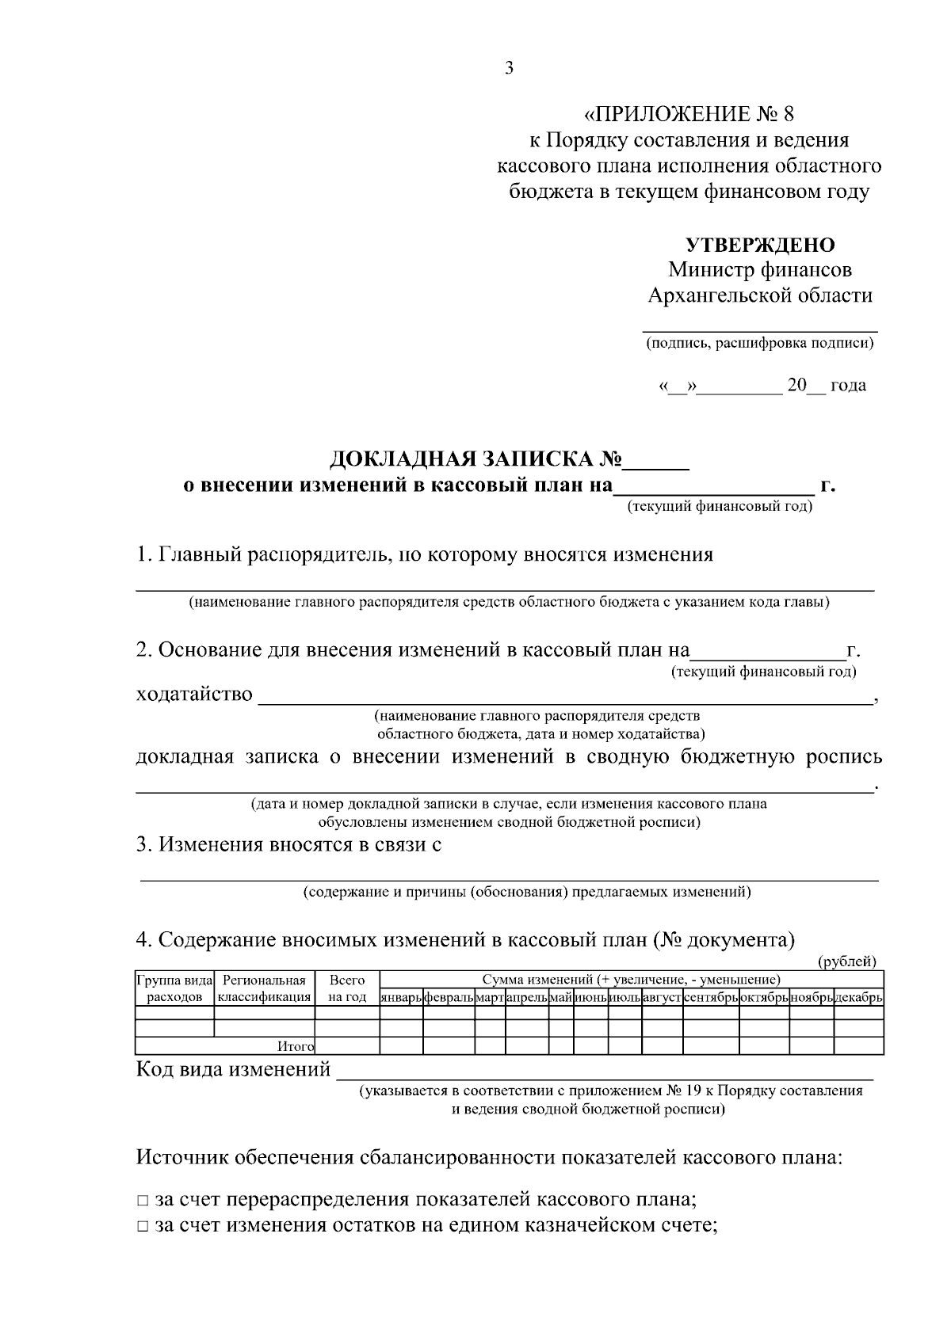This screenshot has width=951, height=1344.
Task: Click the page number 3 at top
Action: click(x=509, y=68)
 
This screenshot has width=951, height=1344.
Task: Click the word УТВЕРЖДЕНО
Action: click(x=759, y=245)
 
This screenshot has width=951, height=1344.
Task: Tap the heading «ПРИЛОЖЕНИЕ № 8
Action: click(x=689, y=114)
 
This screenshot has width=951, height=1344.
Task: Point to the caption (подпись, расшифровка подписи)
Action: click(x=759, y=344)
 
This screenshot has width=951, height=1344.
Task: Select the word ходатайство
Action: click(x=194, y=695)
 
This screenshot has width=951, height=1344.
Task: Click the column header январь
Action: click(x=401, y=998)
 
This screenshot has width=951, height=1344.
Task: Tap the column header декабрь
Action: click(x=858, y=998)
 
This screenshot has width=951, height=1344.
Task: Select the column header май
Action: click(x=561, y=998)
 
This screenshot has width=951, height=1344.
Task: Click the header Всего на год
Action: click(x=347, y=989)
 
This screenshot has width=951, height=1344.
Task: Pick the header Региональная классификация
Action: click(x=265, y=989)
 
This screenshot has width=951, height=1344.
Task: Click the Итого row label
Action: click(x=296, y=1047)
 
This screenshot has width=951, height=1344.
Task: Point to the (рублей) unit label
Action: click(x=846, y=961)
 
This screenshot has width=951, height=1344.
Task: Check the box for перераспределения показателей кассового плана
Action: click(x=142, y=1201)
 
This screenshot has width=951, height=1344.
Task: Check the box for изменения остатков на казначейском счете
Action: click(x=142, y=1228)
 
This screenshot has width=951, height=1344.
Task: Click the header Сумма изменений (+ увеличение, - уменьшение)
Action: click(x=631, y=980)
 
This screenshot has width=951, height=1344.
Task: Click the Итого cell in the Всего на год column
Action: click(x=347, y=1047)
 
